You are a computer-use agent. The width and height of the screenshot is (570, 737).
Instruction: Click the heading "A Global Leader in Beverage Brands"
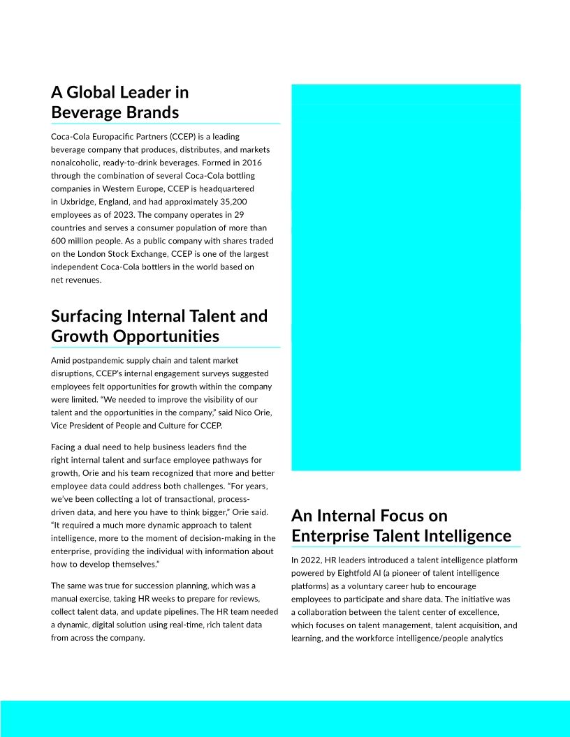tap(119, 102)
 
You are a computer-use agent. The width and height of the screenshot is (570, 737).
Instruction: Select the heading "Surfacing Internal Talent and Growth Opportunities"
tap(159, 326)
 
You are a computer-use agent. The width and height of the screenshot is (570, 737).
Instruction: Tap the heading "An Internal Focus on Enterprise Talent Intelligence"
tap(401, 526)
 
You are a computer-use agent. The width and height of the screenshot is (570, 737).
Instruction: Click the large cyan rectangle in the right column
tap(406, 277)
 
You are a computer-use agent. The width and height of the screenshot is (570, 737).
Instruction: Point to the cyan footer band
tap(285, 718)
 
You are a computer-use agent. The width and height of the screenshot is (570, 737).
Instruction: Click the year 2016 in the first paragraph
tap(249, 163)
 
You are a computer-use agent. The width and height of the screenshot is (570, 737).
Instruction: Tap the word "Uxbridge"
tap(77, 202)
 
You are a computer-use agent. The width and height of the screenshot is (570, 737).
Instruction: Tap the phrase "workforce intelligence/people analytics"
tap(434, 639)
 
